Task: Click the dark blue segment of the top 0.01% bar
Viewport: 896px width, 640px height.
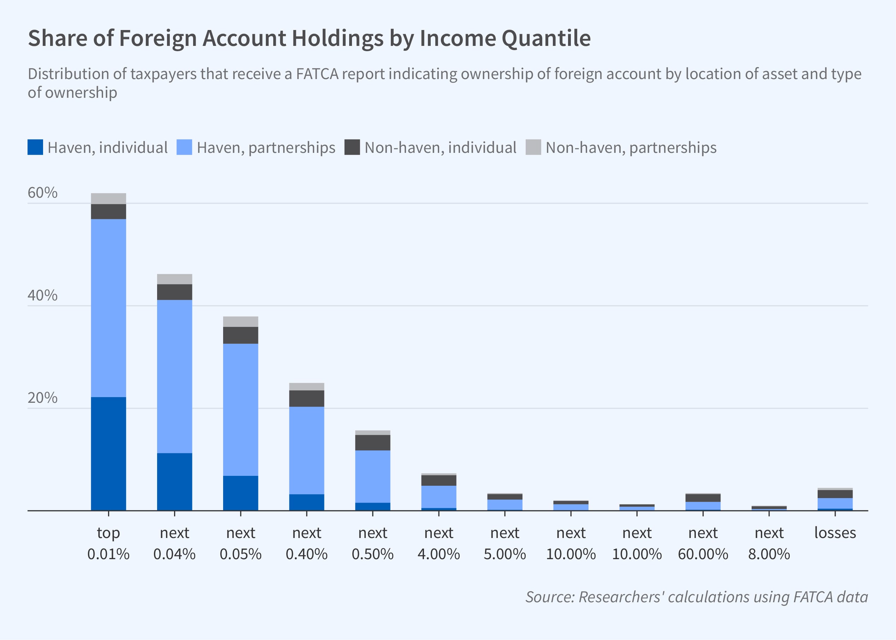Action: [x=108, y=453]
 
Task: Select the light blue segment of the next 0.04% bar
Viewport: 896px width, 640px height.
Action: [x=174, y=376]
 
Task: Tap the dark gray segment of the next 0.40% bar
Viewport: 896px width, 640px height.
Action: [x=306, y=399]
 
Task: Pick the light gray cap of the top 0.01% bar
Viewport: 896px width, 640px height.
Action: [x=108, y=199]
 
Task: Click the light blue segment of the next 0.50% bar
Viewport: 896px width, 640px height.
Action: [x=372, y=477]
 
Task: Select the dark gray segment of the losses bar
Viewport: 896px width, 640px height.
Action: [x=835, y=494]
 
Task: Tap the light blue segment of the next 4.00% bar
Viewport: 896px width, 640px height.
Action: [x=438, y=497]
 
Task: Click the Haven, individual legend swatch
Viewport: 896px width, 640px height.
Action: [x=35, y=148]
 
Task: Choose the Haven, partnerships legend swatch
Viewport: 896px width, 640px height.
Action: [x=184, y=148]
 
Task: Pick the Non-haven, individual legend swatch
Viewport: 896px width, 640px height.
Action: [x=352, y=148]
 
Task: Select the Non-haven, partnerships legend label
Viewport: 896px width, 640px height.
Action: [x=631, y=148]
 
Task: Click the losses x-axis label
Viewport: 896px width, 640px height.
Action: [x=835, y=533]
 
